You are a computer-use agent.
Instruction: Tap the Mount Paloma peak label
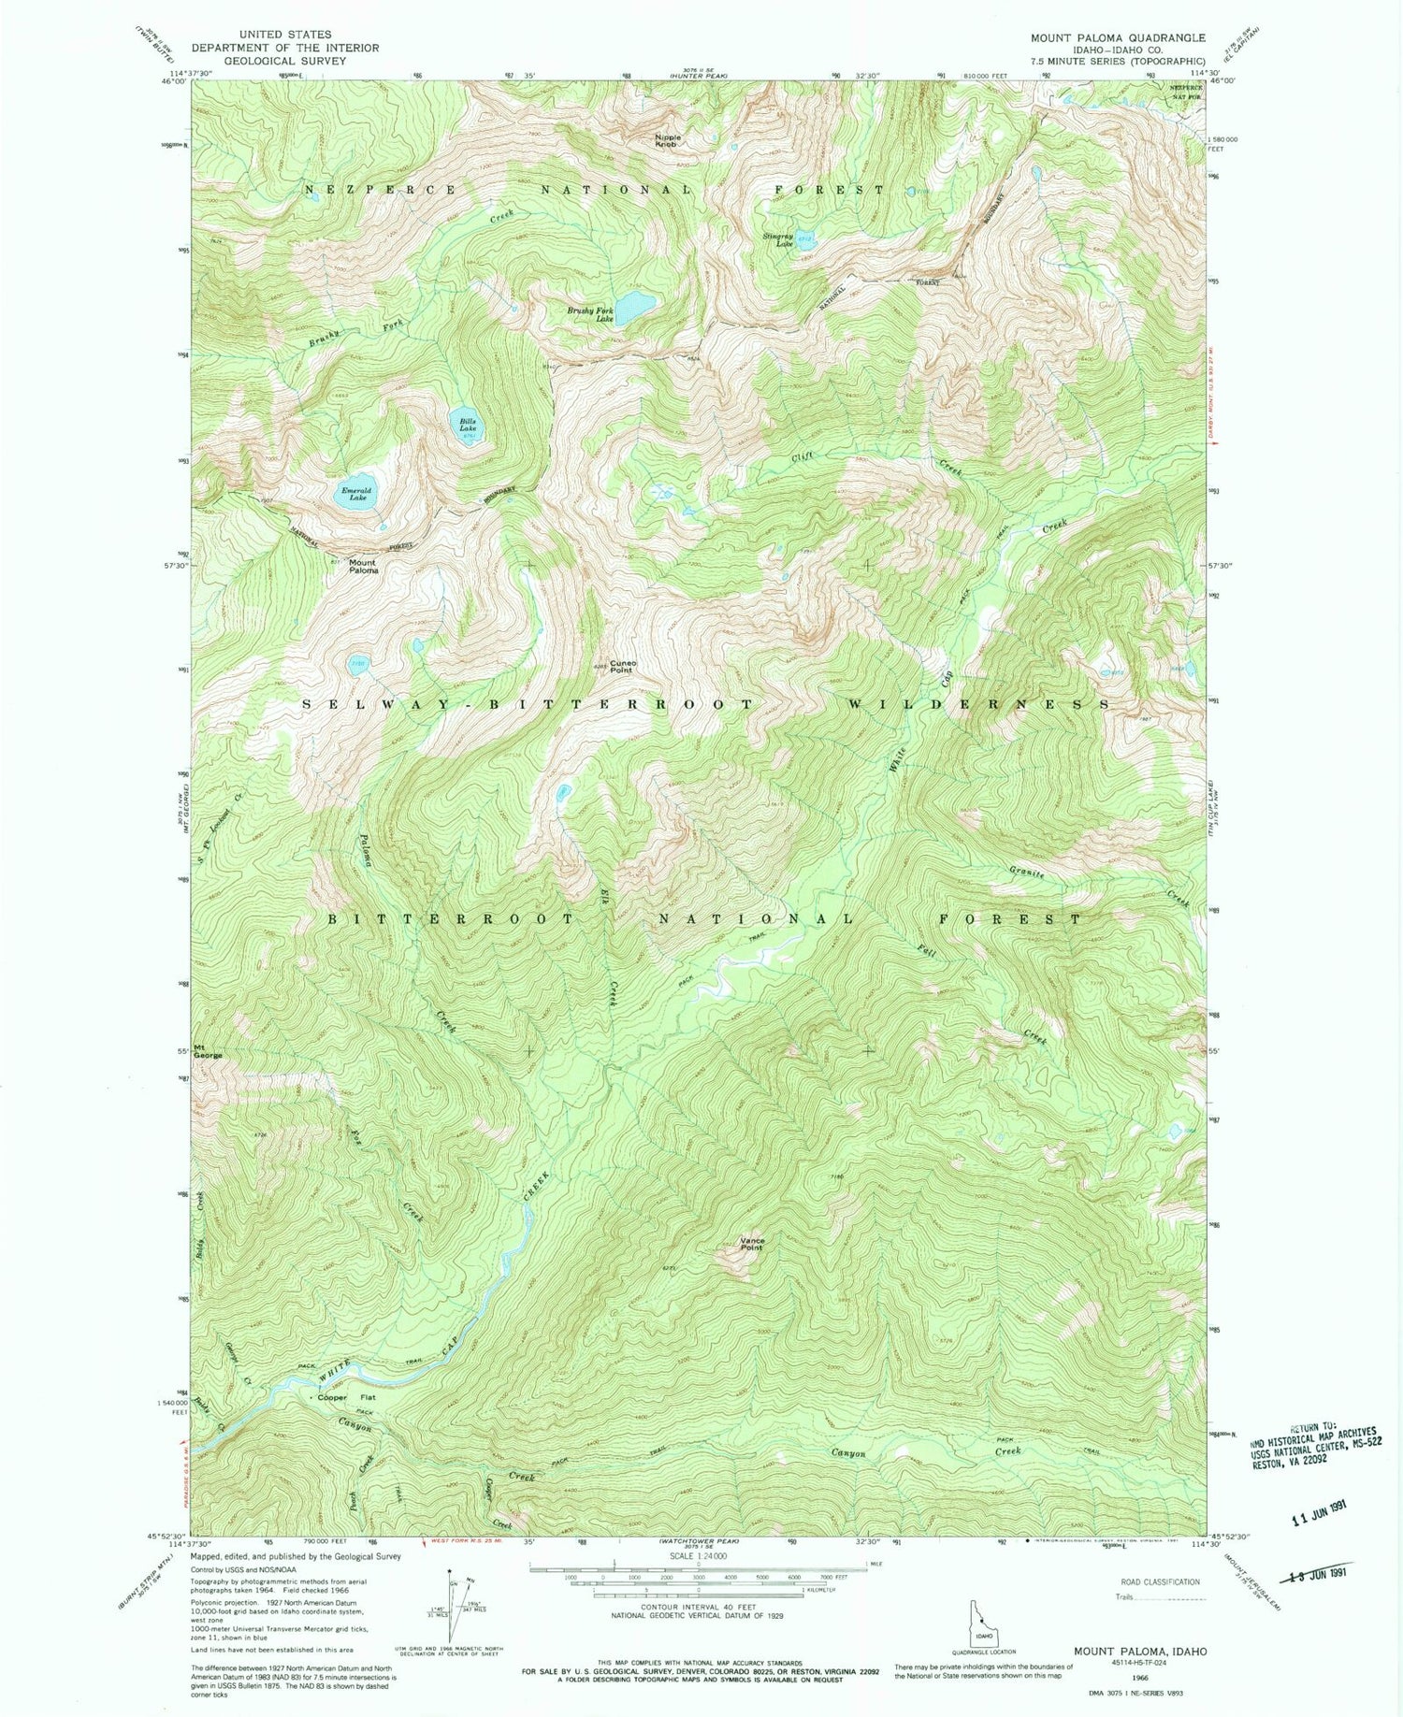coord(363,566)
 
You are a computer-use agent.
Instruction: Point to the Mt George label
coord(207,1050)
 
